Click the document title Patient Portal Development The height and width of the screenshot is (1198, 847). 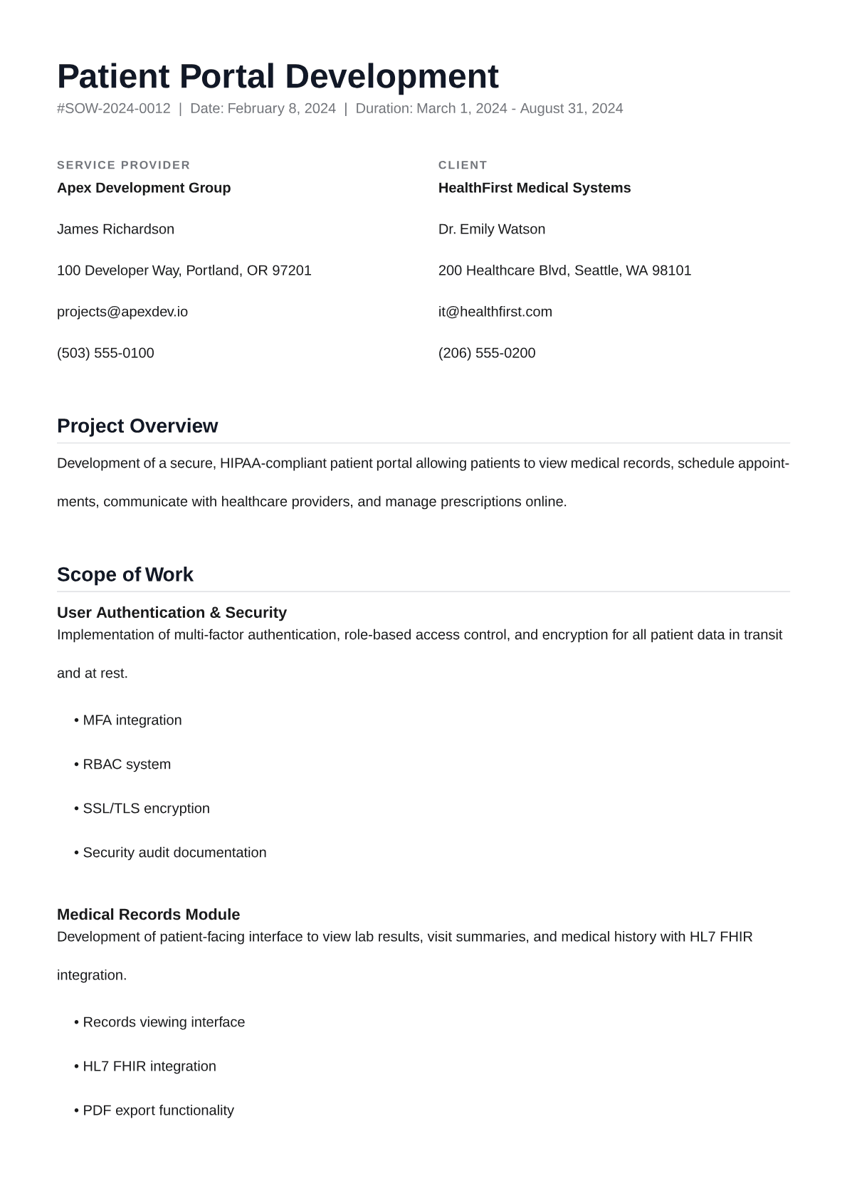278,77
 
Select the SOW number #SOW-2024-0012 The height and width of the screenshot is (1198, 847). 114,109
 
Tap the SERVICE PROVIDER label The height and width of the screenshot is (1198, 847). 124,165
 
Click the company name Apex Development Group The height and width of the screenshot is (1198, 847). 144,188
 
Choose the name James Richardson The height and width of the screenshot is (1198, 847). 115,229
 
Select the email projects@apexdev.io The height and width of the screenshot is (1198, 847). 122,312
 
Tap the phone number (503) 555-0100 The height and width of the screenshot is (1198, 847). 105,353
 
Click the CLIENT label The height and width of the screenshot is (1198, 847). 463,165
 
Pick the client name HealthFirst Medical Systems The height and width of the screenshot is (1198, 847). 535,188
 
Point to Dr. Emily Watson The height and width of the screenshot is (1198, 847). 492,229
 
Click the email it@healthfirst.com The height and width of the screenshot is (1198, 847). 495,312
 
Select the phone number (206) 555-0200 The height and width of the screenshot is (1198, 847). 487,353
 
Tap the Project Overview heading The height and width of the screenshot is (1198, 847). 137,426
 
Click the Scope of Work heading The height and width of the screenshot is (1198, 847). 125,574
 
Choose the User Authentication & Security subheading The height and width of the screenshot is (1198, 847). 172,613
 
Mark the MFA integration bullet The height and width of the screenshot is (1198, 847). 132,720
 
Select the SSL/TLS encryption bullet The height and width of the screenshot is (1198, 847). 146,809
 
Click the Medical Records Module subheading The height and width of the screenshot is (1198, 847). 148,915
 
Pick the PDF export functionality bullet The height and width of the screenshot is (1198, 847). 158,1110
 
